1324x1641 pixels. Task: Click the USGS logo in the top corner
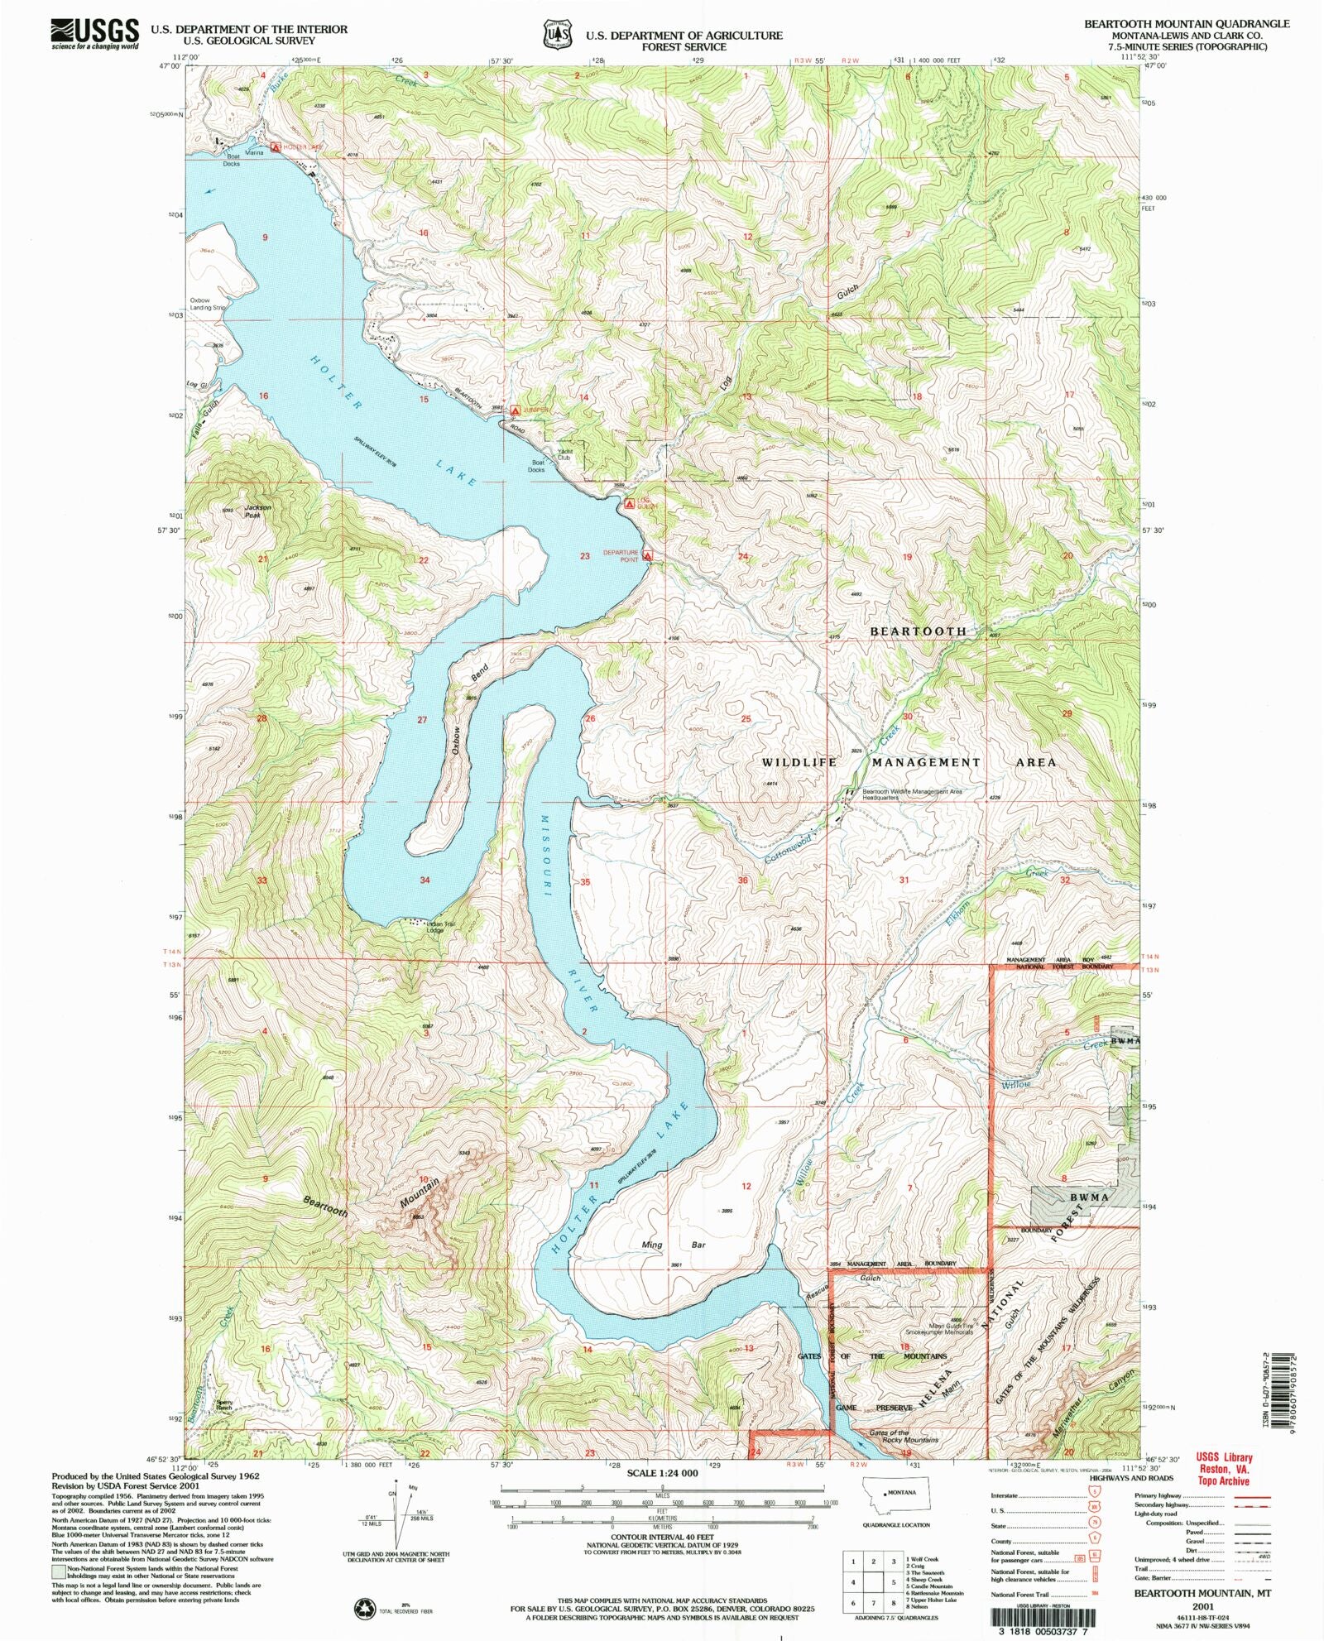click(x=94, y=34)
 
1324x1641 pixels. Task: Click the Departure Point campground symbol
click(x=648, y=556)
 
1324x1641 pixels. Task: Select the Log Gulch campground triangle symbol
click(x=630, y=502)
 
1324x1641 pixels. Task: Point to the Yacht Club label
click(x=565, y=453)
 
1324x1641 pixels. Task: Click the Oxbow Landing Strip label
click(x=207, y=304)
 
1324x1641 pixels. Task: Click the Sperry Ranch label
click(x=224, y=1406)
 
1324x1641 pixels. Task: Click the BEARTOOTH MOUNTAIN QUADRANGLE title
click(x=1187, y=24)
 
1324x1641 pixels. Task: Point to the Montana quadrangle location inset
click(x=896, y=1500)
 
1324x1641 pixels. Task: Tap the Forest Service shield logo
click(x=558, y=36)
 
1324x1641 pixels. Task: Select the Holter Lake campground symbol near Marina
click(x=276, y=147)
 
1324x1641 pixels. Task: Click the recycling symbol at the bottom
click(x=365, y=1609)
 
